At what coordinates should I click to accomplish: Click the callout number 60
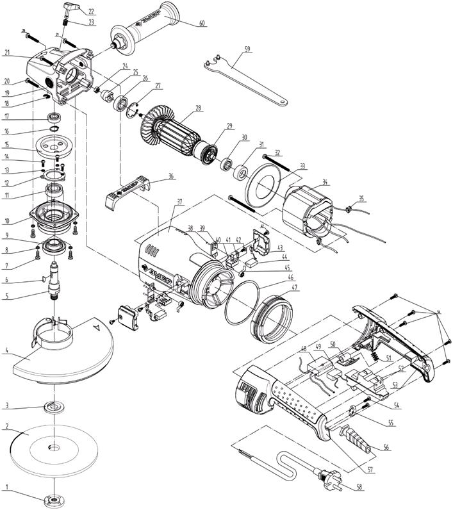pyautogui.click(x=202, y=24)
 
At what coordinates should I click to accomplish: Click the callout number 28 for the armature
pyautogui.click(x=199, y=108)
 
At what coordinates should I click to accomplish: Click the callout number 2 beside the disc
pyautogui.click(x=6, y=425)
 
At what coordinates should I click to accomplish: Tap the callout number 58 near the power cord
pyautogui.click(x=359, y=488)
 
